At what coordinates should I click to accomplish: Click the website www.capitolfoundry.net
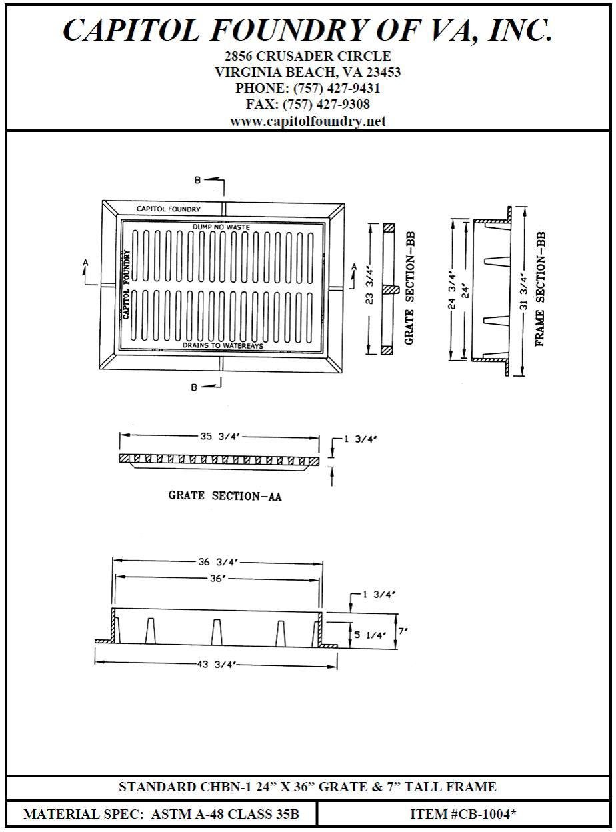[x=307, y=121]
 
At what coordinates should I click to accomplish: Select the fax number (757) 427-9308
[x=327, y=105]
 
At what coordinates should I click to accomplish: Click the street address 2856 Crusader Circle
[x=307, y=56]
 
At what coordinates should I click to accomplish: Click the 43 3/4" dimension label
[x=216, y=665]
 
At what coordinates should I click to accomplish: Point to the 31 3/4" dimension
[x=525, y=292]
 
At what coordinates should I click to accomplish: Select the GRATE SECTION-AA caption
[x=224, y=496]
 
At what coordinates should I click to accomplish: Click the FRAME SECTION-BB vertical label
[x=541, y=289]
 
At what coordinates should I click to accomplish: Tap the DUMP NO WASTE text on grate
[x=221, y=227]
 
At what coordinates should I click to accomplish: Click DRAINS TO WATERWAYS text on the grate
[x=223, y=346]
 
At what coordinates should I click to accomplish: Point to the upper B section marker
[x=198, y=180]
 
